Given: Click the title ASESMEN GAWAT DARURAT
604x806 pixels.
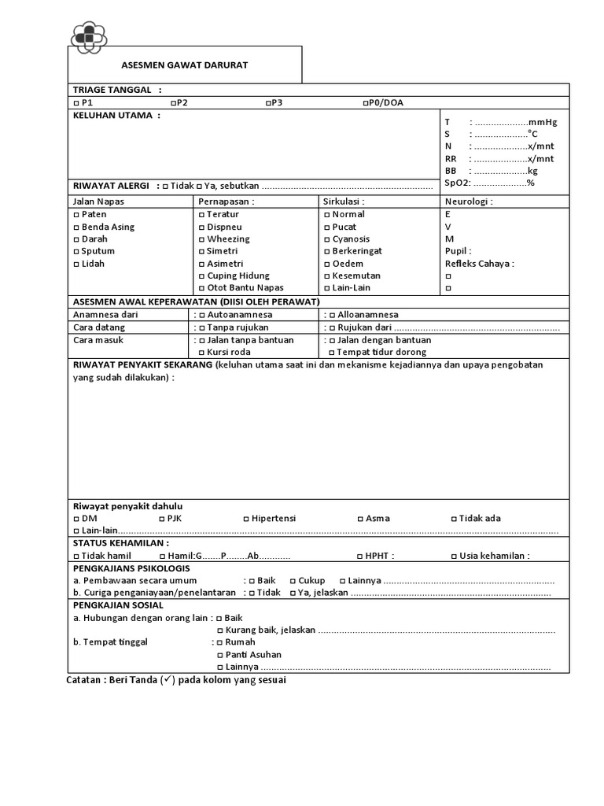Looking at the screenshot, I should pyautogui.click(x=185, y=65).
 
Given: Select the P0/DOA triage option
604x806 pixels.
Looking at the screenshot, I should pyautogui.click(x=366, y=103).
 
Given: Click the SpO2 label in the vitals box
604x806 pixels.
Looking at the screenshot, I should pyautogui.click(x=456, y=183).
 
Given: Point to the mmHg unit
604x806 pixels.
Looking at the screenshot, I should pyautogui.click(x=543, y=122).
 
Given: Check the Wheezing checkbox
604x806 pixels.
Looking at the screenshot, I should pyautogui.click(x=201, y=239).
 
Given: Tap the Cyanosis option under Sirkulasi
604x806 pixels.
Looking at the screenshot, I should pyautogui.click(x=326, y=239).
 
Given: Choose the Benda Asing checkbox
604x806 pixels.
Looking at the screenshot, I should pyautogui.click(x=75, y=227).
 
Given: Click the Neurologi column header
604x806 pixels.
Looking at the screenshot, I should pyautogui.click(x=469, y=201).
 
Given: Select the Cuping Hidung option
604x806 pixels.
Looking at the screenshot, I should pyautogui.click(x=201, y=276).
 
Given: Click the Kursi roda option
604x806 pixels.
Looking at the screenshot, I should pyautogui.click(x=201, y=353).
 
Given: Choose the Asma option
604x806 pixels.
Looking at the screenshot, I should pyautogui.click(x=360, y=519).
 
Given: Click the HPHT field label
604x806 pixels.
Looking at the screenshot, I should pyautogui.click(x=379, y=556).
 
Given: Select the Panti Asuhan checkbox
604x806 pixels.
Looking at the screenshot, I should pyautogui.click(x=219, y=655).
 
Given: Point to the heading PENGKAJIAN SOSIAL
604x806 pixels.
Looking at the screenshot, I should pyautogui.click(x=118, y=605).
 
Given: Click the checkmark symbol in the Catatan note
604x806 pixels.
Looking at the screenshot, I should pyautogui.click(x=168, y=679).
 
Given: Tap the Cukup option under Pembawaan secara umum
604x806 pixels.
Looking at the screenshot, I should pyautogui.click(x=293, y=581).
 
